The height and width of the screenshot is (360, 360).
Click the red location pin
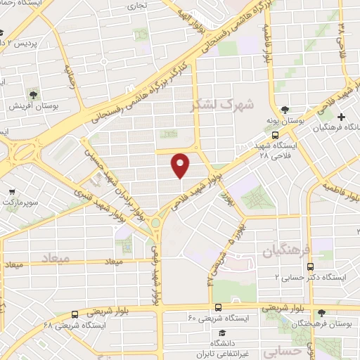[x=181, y=165]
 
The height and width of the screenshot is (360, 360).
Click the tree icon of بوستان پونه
[x=285, y=110]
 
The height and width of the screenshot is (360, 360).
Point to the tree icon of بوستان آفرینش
[x=33, y=94]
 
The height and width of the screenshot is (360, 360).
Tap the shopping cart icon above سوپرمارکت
[x=12, y=191]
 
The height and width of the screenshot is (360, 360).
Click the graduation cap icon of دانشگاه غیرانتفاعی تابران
[x=221, y=333]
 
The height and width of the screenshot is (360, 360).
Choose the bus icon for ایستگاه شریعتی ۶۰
[x=219, y=307]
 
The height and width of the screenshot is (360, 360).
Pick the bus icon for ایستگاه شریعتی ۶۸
[x=75, y=314]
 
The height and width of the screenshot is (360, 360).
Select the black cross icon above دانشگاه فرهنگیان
[x=342, y=116]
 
